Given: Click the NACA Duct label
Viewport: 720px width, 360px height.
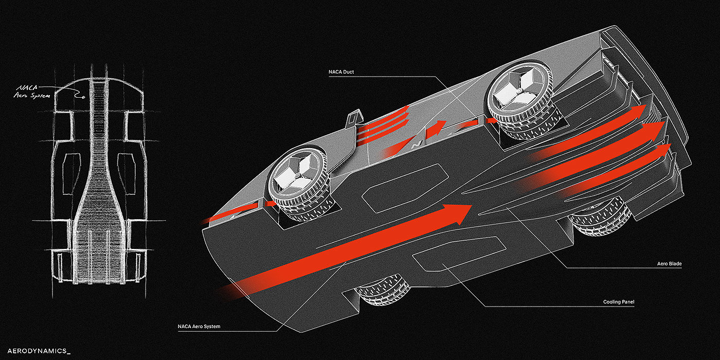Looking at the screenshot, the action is [341, 72].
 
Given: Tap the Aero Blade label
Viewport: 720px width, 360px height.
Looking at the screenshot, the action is [669, 263].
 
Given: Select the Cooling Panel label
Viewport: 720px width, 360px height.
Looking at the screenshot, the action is [619, 302].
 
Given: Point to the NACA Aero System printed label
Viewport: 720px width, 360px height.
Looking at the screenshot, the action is [199, 326].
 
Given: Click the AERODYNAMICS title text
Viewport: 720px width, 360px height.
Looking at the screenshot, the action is [39, 351].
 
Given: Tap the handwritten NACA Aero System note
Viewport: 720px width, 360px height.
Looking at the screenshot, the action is [32, 92].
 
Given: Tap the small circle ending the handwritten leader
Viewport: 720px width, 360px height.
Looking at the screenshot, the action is [84, 97].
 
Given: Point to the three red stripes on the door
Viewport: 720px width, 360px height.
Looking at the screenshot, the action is [384, 124].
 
